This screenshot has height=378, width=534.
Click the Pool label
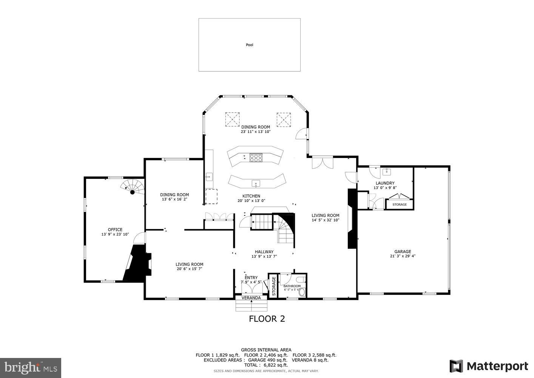(249, 45)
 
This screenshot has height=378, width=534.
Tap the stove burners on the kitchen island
(256, 158)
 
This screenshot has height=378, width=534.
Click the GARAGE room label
(403, 251)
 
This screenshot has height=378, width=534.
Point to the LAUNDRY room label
(385, 183)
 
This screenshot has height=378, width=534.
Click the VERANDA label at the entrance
(251, 298)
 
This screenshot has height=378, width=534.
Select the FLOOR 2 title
(267, 319)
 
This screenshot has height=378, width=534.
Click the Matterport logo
(489, 366)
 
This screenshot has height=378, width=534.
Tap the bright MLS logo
(31, 368)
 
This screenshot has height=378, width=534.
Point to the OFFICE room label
(115, 229)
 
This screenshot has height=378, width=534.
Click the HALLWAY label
(264, 252)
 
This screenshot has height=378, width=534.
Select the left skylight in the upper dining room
(233, 119)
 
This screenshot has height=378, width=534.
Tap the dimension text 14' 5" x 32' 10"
(325, 220)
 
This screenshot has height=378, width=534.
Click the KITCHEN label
(251, 196)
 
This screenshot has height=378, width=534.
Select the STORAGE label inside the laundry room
(400, 204)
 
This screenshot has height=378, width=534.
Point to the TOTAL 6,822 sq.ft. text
(266, 365)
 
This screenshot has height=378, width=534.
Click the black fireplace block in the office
(137, 263)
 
